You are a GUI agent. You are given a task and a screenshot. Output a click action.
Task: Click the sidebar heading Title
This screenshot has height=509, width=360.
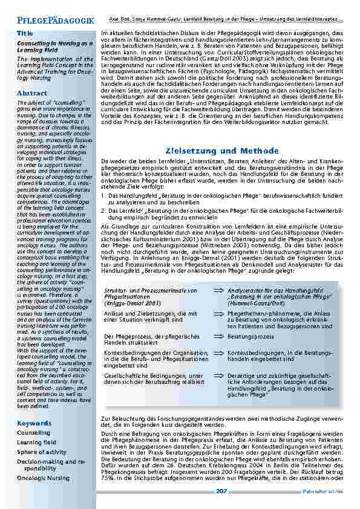(25, 33)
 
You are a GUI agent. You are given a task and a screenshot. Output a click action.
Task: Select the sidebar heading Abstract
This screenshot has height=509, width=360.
(31, 93)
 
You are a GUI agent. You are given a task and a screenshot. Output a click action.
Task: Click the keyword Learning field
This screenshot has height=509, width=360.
(37, 442)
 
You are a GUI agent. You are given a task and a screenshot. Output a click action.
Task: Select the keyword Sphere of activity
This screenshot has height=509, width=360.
(42, 452)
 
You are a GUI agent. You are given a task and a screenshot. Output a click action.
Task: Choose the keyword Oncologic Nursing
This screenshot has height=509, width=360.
(43, 478)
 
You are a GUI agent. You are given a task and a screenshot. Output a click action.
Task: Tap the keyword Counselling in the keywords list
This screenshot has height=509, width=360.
(33, 433)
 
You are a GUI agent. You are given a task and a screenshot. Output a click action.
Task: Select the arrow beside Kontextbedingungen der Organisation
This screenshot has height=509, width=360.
(218, 351)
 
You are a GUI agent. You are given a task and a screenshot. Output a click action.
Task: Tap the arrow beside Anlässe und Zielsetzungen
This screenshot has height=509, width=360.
(218, 313)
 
